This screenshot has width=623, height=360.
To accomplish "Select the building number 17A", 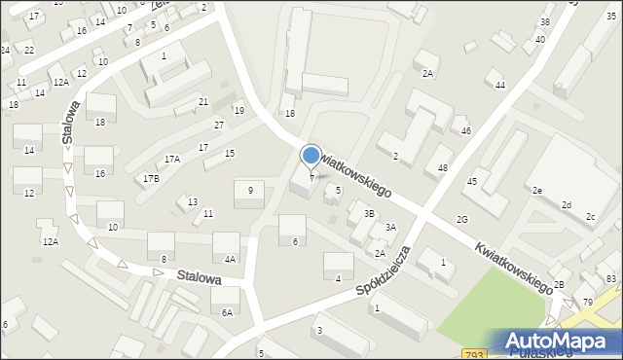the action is pos(172,159).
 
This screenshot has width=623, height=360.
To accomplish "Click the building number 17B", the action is pos(151,179).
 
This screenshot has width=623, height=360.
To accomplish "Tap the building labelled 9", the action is pos(250,191).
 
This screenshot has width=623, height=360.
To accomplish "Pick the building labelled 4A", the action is pos(230,259).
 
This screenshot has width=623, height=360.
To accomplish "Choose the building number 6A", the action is pos(227,312).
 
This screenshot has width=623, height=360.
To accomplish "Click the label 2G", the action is pos(462,220).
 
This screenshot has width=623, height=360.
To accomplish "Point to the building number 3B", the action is pos(369,213).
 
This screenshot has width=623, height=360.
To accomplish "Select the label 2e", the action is pos(536,191).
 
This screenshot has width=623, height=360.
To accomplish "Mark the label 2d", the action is pos(566,204).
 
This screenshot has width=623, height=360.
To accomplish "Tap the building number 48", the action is pos(443,168).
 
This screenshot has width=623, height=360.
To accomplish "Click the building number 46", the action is pos(466,130).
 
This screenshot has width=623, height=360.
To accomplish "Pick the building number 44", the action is pos(500,86).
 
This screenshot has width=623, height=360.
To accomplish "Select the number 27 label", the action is pos(219,126).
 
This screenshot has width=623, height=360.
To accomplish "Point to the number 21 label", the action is pos(203,102).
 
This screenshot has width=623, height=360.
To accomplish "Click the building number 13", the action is pos(193,201).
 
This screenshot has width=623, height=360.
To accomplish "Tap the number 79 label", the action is pos(588,303).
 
